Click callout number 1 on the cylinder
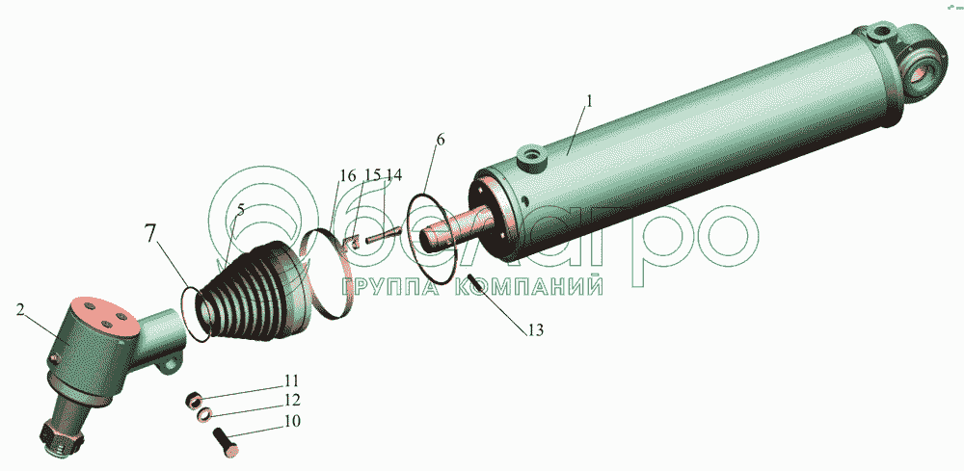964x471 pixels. (x=588, y=101)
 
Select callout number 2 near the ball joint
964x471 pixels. (x=20, y=309)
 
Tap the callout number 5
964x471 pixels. (x=240, y=209)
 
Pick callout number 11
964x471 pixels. (x=291, y=380)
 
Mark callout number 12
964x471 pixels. (x=292, y=401)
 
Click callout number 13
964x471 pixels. (x=535, y=329)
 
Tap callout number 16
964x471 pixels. (x=347, y=175)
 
